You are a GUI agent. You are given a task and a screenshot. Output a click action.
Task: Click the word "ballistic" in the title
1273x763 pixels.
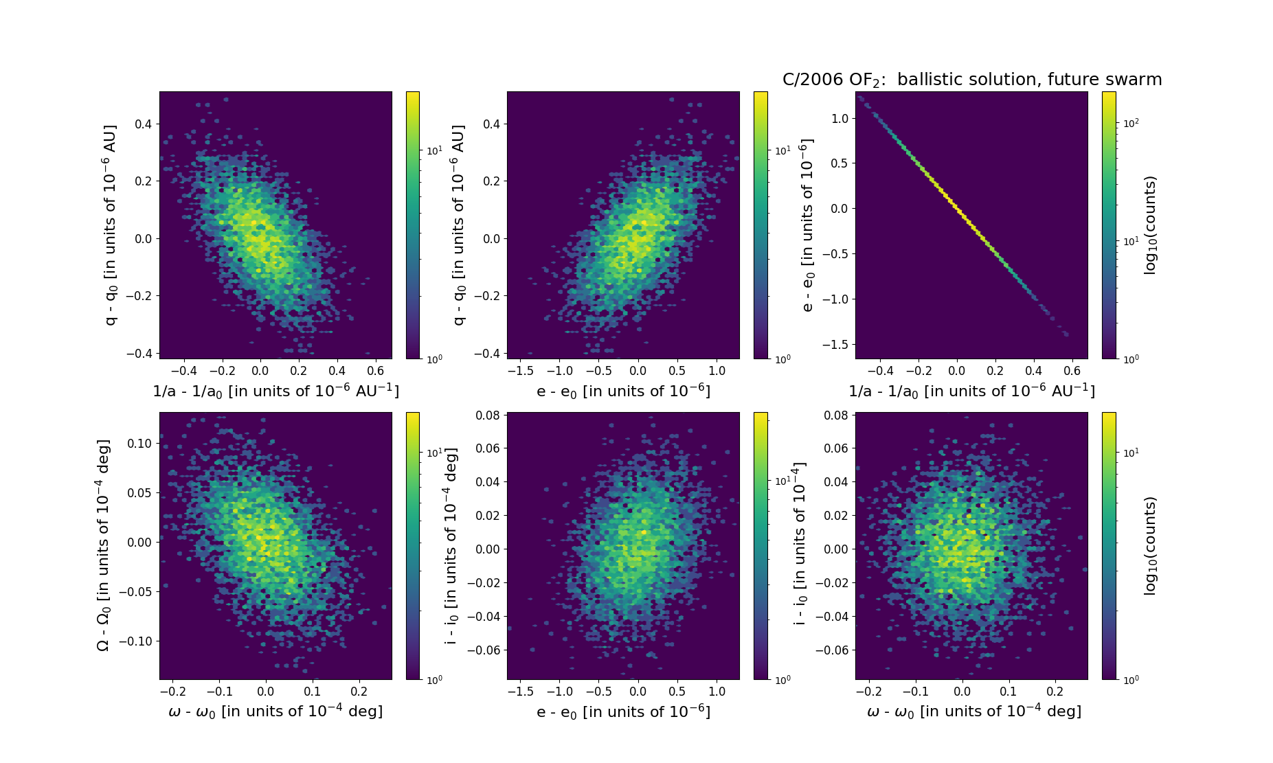coord(930,80)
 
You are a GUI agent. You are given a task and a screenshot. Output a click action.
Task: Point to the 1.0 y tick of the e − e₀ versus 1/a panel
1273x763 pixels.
coord(840,118)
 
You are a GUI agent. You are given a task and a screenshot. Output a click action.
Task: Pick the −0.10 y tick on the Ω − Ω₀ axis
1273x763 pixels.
coord(135,641)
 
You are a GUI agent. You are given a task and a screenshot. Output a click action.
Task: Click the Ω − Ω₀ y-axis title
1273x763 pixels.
coord(103,545)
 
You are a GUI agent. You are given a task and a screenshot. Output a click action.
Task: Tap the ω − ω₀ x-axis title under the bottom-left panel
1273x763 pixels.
coord(275,711)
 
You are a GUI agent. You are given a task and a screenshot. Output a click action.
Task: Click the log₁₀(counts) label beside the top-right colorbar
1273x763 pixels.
coord(1150,225)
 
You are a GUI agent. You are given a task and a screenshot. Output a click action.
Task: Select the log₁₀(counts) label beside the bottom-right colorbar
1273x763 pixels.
coord(1150,546)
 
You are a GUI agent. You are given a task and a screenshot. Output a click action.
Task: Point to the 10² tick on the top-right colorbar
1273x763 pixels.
coord(1130,123)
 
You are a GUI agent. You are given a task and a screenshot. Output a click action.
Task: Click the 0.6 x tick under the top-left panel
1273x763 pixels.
coord(375,371)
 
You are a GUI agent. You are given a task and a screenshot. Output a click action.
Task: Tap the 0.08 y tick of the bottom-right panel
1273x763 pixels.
coord(836,415)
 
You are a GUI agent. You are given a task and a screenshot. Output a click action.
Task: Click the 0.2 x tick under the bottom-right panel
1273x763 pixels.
coord(1055,692)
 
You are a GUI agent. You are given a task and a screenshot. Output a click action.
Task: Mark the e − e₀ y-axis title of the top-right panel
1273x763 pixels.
coord(808,225)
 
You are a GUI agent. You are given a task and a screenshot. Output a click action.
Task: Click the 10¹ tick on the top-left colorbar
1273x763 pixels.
coord(434,150)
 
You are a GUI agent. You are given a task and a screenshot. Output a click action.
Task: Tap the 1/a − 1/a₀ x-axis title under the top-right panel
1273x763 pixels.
coord(971,391)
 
